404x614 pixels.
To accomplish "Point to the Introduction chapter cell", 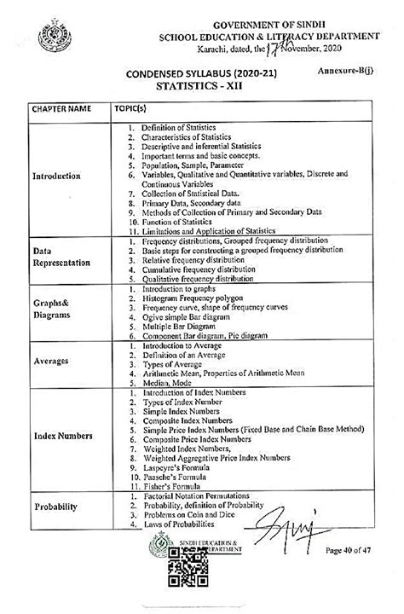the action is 56,177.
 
